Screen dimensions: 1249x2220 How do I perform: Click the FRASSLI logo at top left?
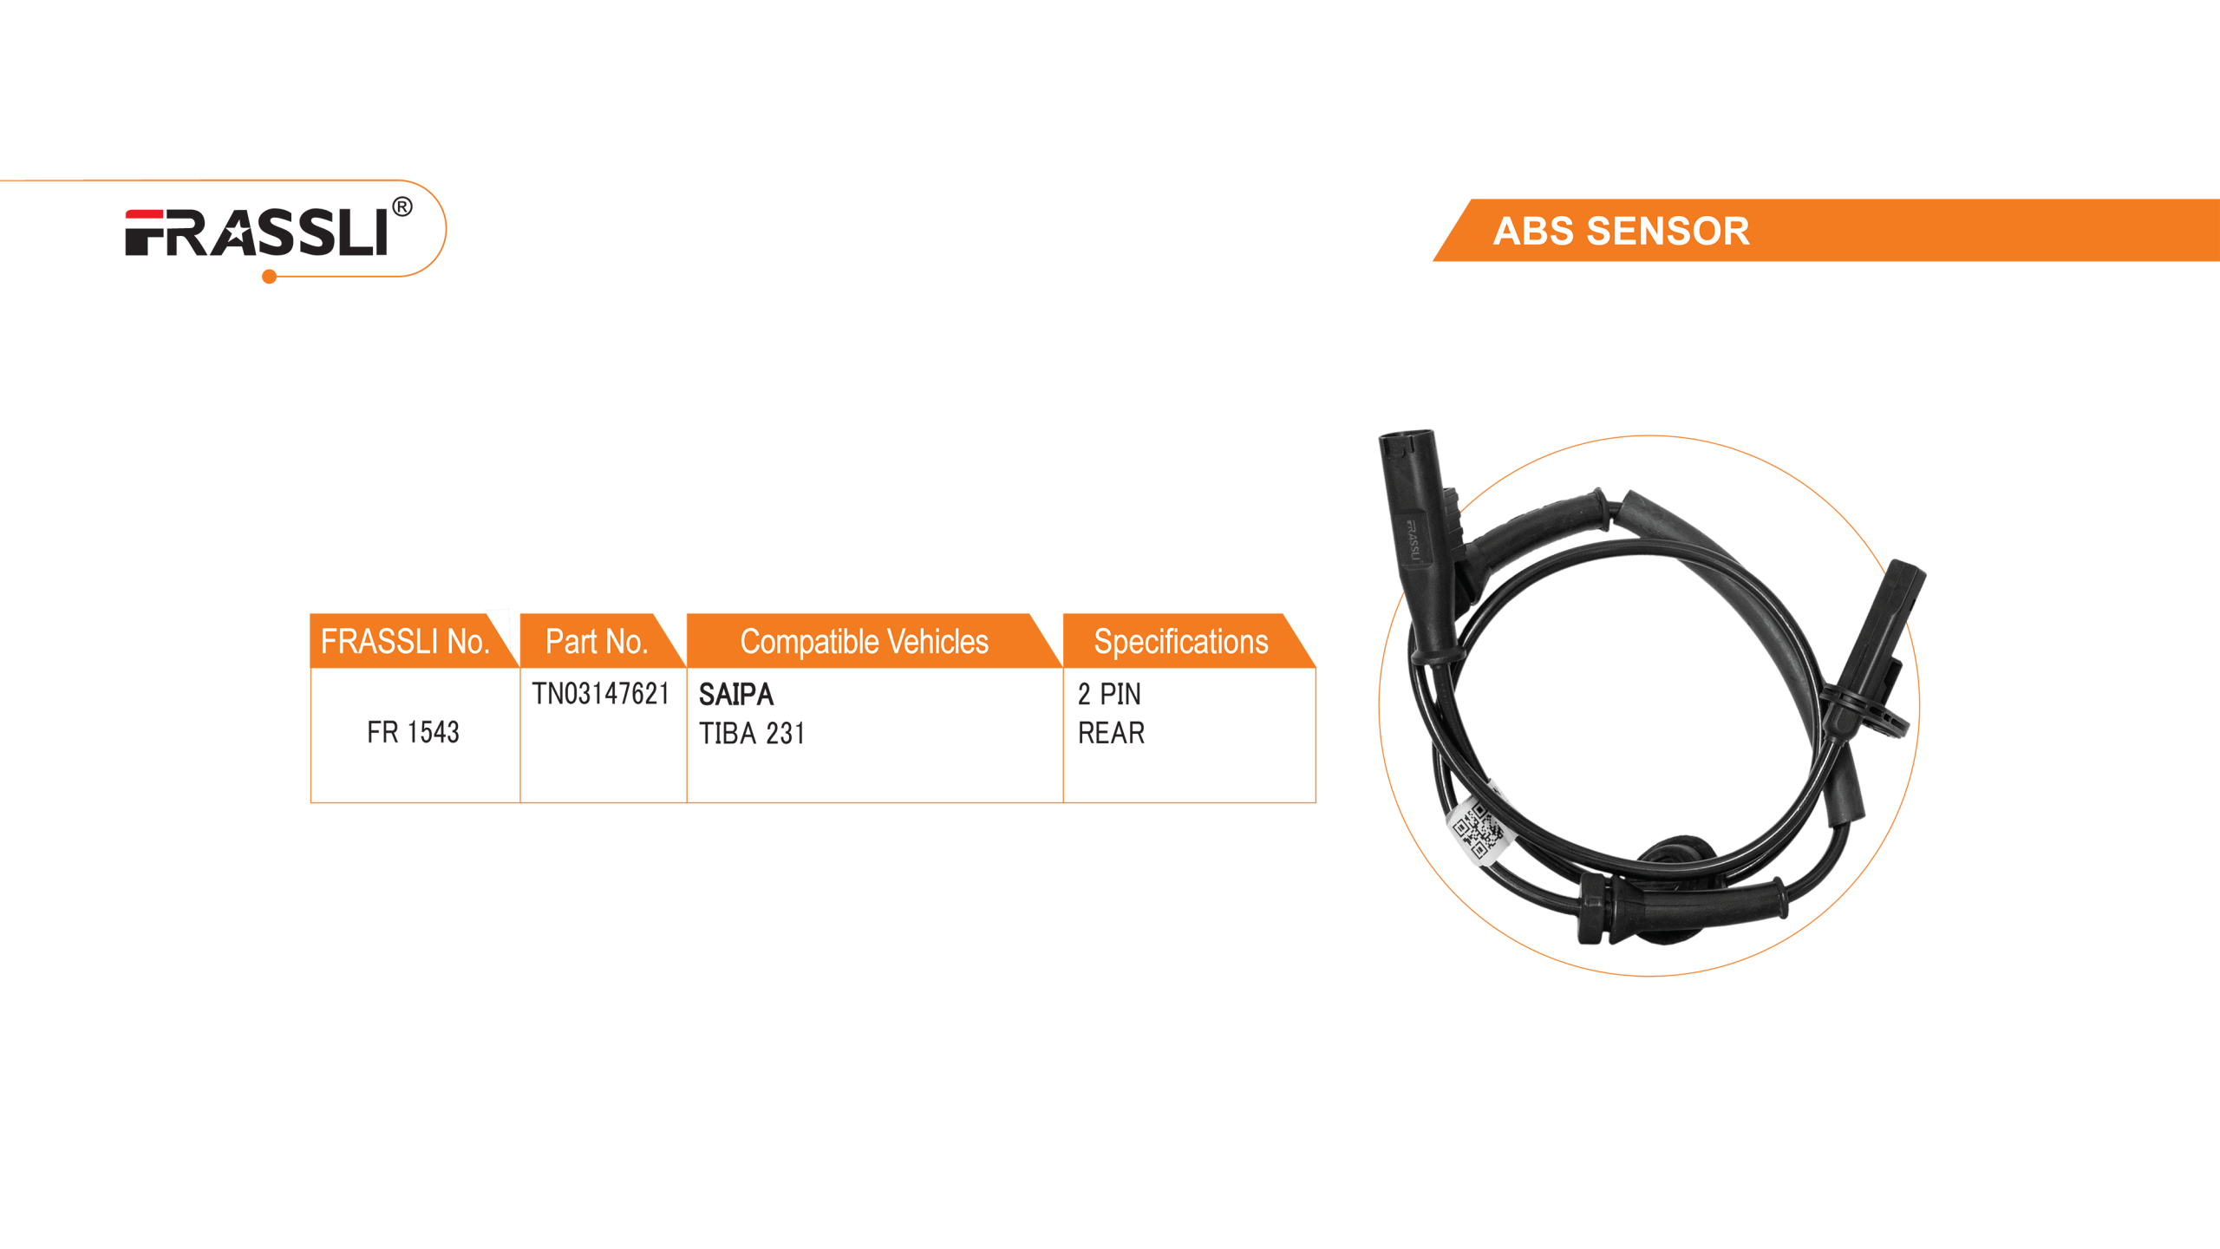coord(257,233)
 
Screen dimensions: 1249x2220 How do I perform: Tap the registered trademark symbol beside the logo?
coord(402,207)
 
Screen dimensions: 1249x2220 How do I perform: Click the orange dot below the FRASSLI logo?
coord(270,277)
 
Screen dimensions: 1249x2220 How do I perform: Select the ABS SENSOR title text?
coord(1621,232)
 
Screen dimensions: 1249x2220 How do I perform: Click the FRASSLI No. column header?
coord(405,642)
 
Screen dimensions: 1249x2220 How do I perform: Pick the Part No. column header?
coord(597,642)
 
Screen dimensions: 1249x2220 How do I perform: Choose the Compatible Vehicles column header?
coord(864,642)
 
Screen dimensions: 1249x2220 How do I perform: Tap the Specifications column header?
coord(1180,642)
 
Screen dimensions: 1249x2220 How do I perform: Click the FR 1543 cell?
coord(413,733)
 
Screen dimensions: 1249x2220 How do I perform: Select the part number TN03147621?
coord(600,694)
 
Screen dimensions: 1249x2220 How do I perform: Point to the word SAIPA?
coord(735,694)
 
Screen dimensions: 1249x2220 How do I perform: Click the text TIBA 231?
coord(751,734)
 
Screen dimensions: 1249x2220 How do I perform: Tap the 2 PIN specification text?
coord(1108,694)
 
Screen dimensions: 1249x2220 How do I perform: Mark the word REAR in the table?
coord(1111,734)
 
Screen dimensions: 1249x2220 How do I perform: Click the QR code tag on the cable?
coord(1478,831)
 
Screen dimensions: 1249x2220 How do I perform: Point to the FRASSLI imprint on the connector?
coord(1412,539)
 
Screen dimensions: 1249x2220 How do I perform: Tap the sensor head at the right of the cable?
coord(1890,624)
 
